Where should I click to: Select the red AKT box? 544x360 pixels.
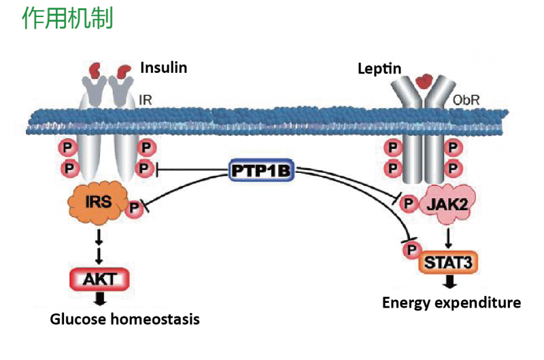tap(99, 277)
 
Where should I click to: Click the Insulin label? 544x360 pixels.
tap(163, 67)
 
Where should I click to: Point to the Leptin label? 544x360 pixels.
tap(379, 69)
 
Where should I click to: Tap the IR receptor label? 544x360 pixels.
tap(145, 101)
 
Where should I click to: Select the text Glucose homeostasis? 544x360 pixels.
tap(124, 318)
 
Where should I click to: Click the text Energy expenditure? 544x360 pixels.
tap(451, 303)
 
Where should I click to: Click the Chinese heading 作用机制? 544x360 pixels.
tap(67, 19)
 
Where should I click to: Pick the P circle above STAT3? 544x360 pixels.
tap(411, 250)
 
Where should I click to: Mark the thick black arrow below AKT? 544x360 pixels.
tap(99, 298)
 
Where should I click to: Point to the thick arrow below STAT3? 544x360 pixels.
tap(449, 282)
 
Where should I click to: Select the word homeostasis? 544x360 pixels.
tap(153, 318)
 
